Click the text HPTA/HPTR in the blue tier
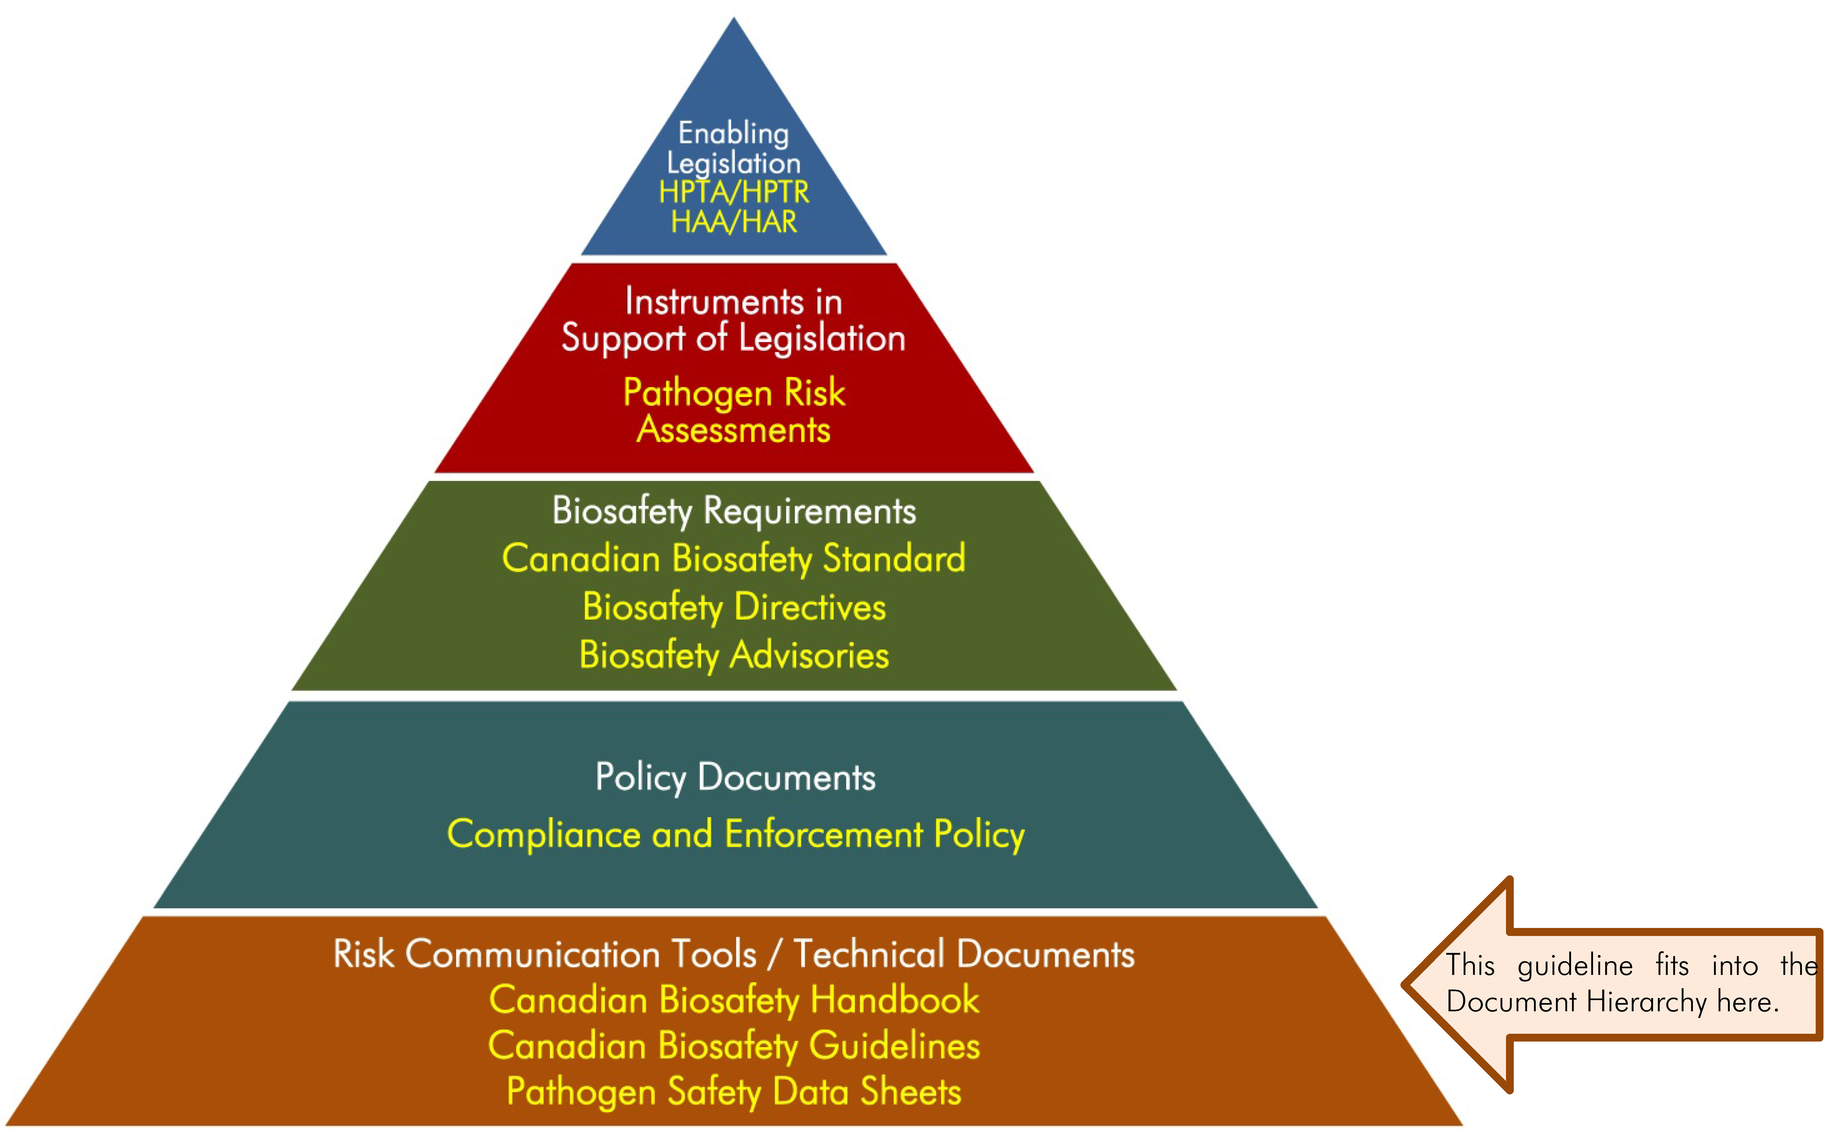click(734, 192)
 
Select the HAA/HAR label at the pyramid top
click(734, 222)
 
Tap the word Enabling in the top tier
click(734, 133)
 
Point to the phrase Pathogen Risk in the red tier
click(734, 392)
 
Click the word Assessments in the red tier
click(734, 430)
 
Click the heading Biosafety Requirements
click(734, 511)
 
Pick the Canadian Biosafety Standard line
click(734, 559)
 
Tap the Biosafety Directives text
click(734, 606)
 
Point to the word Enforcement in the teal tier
click(823, 834)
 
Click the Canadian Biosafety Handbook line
click(734, 999)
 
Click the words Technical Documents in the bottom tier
click(964, 954)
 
